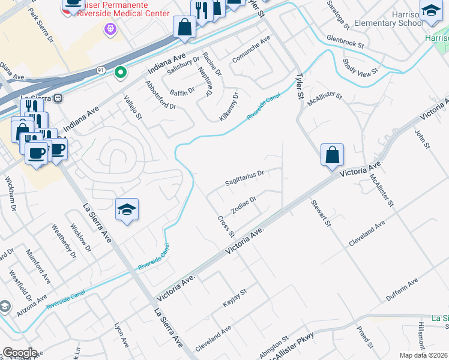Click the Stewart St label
(x=321, y=213)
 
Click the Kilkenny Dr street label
(x=229, y=107)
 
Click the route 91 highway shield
(x=101, y=71)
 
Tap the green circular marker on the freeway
(x=121, y=73)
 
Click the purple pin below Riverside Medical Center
(x=110, y=28)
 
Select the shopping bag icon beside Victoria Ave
(x=332, y=155)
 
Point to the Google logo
(x=20, y=353)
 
